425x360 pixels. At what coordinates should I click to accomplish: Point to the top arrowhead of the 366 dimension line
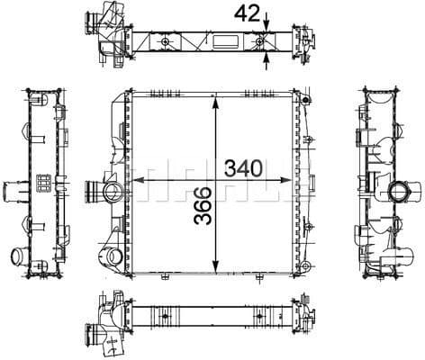(x=214, y=100)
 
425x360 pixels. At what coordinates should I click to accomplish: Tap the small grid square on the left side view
(x=42, y=182)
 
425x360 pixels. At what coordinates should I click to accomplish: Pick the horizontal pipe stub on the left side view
(x=15, y=193)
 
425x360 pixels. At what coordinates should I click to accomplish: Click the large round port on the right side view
(x=399, y=191)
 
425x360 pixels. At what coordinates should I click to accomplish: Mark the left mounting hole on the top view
(x=167, y=44)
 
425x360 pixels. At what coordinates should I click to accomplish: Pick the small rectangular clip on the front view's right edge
(x=308, y=142)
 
